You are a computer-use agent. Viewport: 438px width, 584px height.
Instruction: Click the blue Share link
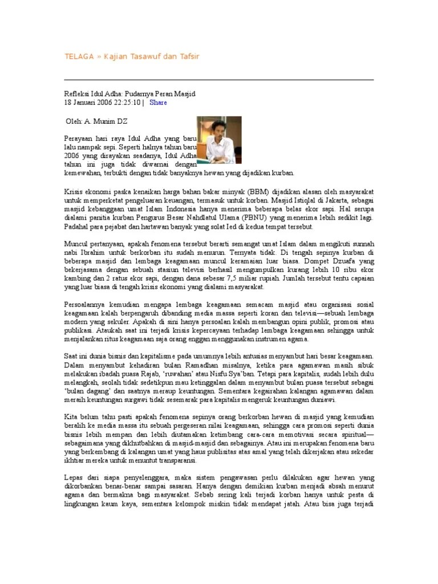pos(158,103)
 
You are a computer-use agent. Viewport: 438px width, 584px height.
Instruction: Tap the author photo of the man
pos(219,140)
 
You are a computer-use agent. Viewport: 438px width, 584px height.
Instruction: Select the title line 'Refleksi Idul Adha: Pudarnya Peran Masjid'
pos(129,93)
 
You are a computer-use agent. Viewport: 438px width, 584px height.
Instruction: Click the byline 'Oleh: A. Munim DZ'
pos(96,121)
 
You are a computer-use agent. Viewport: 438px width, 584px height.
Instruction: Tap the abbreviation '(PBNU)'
pos(268,218)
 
